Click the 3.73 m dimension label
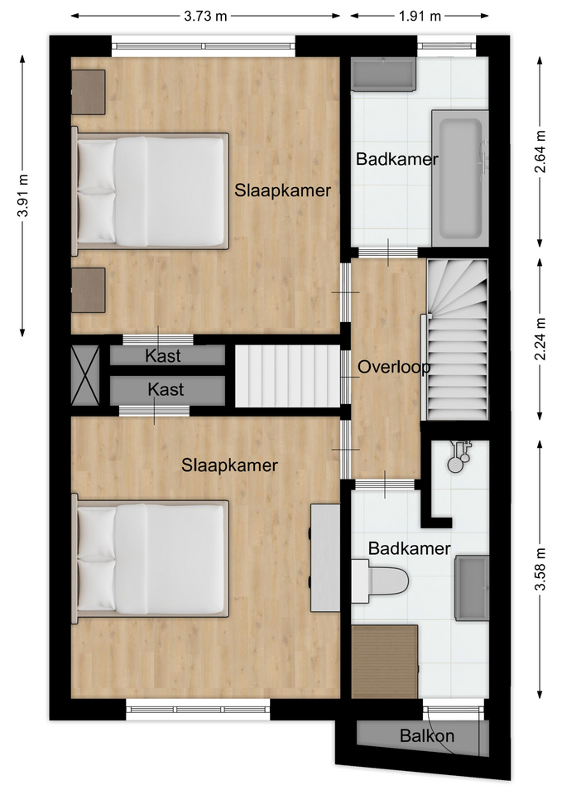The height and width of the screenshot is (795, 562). click(205, 17)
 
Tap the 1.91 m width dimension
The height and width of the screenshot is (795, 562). click(420, 17)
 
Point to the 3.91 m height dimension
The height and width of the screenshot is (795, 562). click(22, 195)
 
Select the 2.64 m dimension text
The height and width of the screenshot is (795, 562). click(540, 152)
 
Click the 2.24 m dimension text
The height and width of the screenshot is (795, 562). click(540, 340)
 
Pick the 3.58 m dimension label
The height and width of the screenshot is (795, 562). click(540, 569)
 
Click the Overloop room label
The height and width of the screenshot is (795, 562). click(394, 367)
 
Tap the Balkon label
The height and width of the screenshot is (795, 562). click(427, 735)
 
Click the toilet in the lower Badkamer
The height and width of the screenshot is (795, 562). click(380, 581)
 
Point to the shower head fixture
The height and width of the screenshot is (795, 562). click(458, 455)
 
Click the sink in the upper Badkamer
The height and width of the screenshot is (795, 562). click(384, 75)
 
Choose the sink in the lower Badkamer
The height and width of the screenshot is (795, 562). click(472, 588)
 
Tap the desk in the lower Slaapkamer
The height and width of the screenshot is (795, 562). click(324, 557)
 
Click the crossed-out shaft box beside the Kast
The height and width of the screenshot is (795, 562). click(85, 375)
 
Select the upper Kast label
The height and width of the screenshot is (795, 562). click(163, 356)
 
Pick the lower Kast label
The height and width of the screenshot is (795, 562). click(166, 389)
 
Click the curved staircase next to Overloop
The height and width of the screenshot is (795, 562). click(457, 340)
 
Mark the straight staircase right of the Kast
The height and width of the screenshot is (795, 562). click(287, 376)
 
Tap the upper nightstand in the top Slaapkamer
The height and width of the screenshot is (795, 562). click(89, 92)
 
